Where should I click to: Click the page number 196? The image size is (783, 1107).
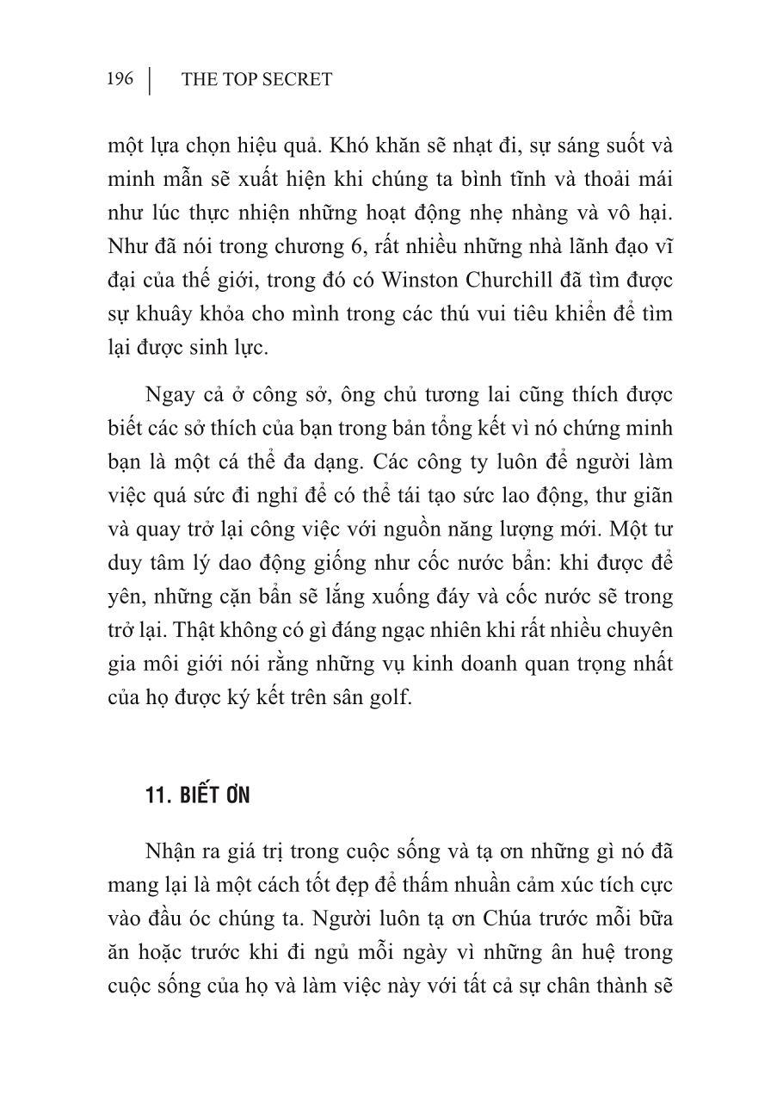click(120, 80)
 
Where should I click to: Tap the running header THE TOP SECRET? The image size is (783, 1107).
click(256, 80)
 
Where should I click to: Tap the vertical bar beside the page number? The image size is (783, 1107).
click(150, 80)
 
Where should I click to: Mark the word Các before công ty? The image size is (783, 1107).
click(391, 462)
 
